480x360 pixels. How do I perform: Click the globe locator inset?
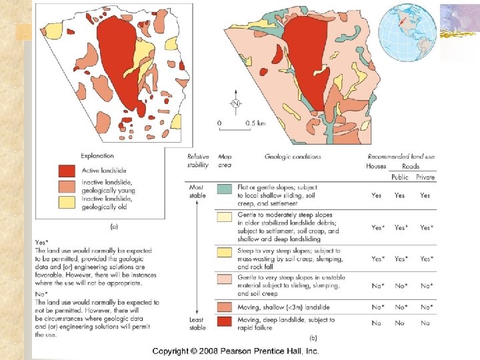[x=407, y=32]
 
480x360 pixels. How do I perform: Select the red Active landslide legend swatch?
[x=66, y=171]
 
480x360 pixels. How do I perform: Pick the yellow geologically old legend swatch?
[x=66, y=202]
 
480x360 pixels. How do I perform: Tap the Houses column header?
[x=376, y=166]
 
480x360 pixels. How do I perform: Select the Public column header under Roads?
[x=400, y=177]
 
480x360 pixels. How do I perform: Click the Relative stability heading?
[x=198, y=161]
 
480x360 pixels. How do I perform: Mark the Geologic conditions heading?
[x=293, y=157]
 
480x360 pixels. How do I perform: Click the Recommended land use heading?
[x=401, y=157]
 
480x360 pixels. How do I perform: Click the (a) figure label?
[x=114, y=226]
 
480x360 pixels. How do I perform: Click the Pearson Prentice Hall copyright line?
[x=235, y=351]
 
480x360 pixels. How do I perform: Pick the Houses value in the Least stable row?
[x=376, y=323]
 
